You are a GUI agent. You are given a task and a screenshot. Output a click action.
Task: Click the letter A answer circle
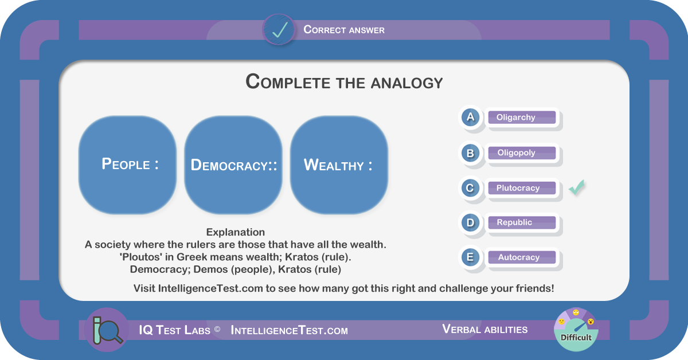coord(470,118)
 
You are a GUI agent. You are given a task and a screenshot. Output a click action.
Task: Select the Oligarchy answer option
coord(522,118)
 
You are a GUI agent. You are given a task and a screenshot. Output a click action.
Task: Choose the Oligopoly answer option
coord(522,152)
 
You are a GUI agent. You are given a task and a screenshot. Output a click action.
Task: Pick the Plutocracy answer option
coord(522,187)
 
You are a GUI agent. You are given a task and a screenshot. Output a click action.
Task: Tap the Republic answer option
coord(522,222)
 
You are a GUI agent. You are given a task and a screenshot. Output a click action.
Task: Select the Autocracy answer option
coord(522,257)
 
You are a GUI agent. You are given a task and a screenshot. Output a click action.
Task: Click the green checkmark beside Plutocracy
coord(577,187)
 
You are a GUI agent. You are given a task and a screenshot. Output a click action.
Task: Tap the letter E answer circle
coord(470,257)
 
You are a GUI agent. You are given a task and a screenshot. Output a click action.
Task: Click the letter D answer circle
coord(470,222)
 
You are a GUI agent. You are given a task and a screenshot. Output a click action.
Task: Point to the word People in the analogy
coord(126,164)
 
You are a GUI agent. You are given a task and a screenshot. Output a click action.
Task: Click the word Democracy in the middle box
coord(229,165)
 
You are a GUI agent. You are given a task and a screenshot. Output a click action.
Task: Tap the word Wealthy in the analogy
coord(334,165)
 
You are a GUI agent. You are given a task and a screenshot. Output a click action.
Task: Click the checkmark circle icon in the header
coord(279,30)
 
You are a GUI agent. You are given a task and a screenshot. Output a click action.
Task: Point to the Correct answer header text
coord(344,30)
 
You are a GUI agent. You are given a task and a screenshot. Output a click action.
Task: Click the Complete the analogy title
coord(344,82)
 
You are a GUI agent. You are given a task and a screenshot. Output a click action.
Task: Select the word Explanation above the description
coord(235,232)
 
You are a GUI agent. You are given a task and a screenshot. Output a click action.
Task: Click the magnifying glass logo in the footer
coord(107,330)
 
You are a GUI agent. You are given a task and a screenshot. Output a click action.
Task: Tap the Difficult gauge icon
coord(576,330)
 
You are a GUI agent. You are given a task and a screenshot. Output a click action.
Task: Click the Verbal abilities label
coord(484,329)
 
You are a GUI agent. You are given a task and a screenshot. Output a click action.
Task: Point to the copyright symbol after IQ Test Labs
coord(217,329)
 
